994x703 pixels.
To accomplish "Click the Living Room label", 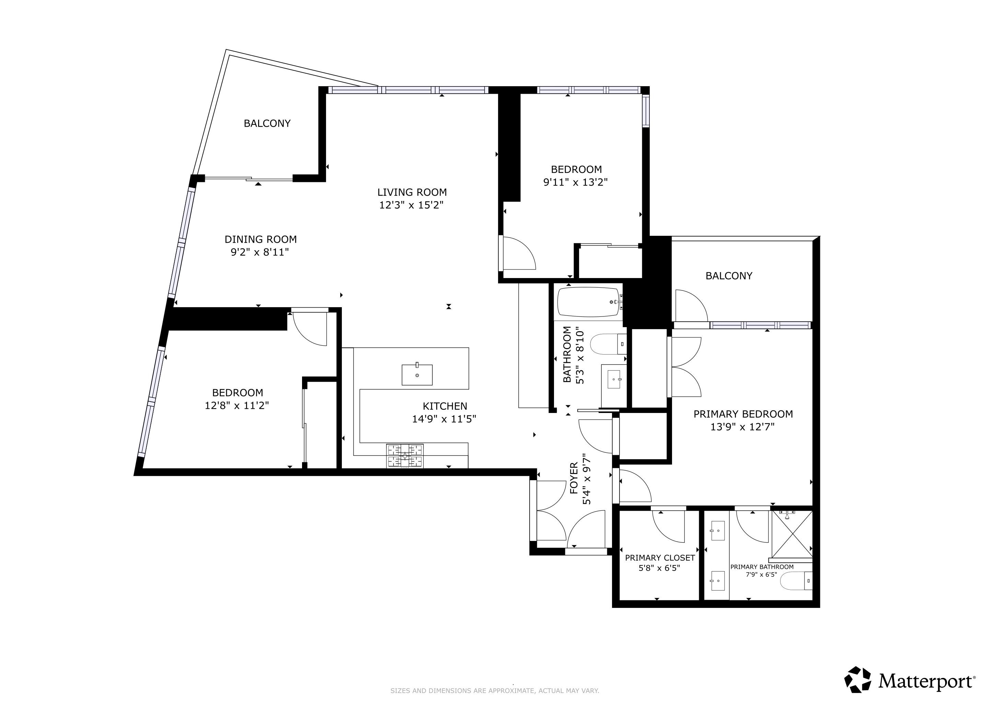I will coord(412,192).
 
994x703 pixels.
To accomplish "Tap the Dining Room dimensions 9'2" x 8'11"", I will coord(260,252).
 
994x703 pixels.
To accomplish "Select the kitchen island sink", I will coord(417,375).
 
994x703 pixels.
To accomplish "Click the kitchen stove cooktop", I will coord(405,456).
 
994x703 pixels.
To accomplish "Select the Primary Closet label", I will coord(660,558).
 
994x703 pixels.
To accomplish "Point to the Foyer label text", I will coord(574,478).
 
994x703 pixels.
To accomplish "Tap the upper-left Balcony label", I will coord(267,123).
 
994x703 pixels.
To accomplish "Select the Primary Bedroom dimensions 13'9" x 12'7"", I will coord(742,427).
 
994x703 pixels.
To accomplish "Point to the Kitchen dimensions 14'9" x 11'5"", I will coord(444,419).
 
